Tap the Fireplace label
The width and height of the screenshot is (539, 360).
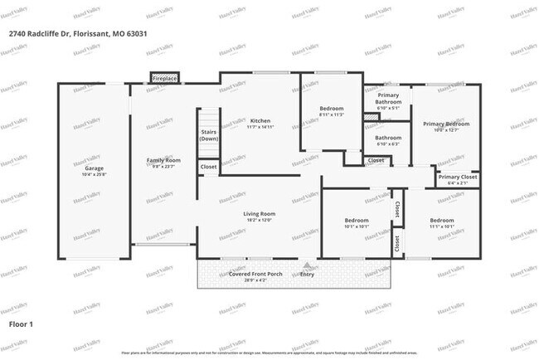(164, 79)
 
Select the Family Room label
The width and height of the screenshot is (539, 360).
(164, 160)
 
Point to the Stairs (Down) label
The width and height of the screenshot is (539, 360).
(209, 135)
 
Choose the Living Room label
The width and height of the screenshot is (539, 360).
(259, 213)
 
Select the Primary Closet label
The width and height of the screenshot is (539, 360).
(458, 177)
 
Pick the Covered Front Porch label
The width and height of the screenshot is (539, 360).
(258, 273)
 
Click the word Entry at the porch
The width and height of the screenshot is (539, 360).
(308, 273)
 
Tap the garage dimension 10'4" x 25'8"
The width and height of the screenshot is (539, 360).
(94, 174)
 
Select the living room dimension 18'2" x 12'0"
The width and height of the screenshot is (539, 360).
(259, 220)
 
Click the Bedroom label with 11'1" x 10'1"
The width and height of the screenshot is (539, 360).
(441, 220)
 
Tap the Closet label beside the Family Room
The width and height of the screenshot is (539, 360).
(209, 167)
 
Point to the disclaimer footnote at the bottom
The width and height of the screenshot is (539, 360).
(269, 352)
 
